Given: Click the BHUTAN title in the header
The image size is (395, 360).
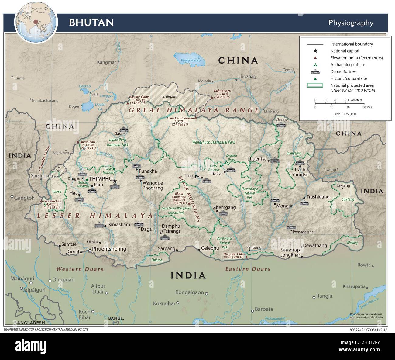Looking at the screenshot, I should click(x=91, y=22).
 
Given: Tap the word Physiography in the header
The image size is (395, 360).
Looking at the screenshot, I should click(x=351, y=23).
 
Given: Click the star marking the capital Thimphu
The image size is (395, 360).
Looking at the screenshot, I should click(x=115, y=181).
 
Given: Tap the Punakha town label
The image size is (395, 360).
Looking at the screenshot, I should click(x=148, y=171).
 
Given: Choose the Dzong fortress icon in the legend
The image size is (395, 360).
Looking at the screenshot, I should click(x=315, y=72).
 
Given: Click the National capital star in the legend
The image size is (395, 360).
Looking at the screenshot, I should click(x=315, y=51).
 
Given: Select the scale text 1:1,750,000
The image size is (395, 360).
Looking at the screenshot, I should click(x=345, y=114).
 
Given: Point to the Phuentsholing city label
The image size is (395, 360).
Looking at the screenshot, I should click(x=109, y=249).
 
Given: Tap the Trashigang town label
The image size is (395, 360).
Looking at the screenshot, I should click(x=318, y=197).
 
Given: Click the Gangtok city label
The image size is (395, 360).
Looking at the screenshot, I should click(x=24, y=198).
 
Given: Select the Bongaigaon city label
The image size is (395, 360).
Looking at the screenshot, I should click(x=190, y=292).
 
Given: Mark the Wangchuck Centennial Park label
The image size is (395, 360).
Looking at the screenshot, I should click(x=214, y=142).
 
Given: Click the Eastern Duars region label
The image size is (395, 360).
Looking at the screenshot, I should click(x=248, y=269).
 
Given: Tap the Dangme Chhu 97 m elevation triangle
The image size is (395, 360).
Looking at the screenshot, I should click(x=246, y=257).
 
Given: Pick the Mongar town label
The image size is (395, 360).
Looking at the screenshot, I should click(x=284, y=206).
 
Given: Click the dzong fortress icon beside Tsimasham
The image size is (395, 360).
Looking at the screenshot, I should click(x=99, y=226).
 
